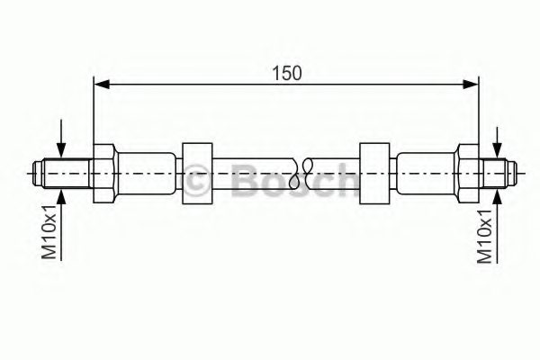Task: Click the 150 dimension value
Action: [286, 74]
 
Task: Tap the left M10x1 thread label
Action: [49, 231]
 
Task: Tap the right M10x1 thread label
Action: [484, 236]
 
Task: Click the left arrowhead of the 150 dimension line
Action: [102, 84]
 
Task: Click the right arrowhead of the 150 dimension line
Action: [471, 84]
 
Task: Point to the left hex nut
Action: [103, 174]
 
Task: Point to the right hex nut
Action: [468, 174]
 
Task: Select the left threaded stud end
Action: [63, 174]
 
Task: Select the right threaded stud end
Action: [498, 174]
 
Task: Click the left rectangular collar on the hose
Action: [197, 174]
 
